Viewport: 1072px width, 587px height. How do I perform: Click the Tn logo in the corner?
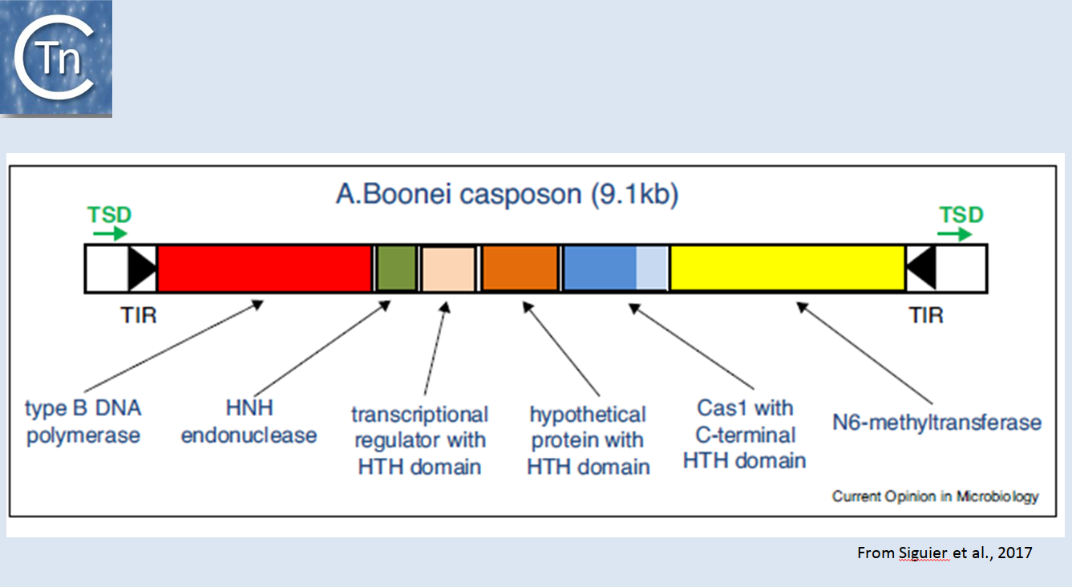pyautogui.click(x=56, y=59)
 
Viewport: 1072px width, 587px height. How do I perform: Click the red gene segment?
pyautogui.click(x=265, y=268)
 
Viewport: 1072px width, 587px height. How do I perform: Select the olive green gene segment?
pyautogui.click(x=396, y=268)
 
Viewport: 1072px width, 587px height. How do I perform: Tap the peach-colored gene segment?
pyautogui.click(x=448, y=268)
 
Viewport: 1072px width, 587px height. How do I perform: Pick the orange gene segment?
pyautogui.click(x=520, y=268)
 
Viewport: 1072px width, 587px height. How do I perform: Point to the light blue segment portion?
pyautogui.click(x=652, y=268)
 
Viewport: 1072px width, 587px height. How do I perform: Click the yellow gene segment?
pyautogui.click(x=787, y=268)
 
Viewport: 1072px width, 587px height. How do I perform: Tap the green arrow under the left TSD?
pyautogui.click(x=110, y=233)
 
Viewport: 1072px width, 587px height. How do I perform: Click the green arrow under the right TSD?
pyautogui.click(x=955, y=233)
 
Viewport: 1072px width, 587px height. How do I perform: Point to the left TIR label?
pyautogui.click(x=138, y=315)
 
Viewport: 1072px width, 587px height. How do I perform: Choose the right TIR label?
pyautogui.click(x=926, y=315)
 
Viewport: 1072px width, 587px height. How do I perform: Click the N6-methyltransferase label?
pyautogui.click(x=936, y=423)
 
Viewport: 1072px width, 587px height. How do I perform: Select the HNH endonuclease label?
pyautogui.click(x=249, y=422)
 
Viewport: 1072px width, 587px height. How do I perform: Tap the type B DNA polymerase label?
pyautogui.click(x=83, y=422)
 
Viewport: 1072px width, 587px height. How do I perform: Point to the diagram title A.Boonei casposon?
pyautogui.click(x=459, y=194)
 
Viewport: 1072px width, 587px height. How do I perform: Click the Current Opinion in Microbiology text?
pyautogui.click(x=935, y=496)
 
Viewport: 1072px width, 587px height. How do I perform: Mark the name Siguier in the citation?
pyautogui.click(x=924, y=553)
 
